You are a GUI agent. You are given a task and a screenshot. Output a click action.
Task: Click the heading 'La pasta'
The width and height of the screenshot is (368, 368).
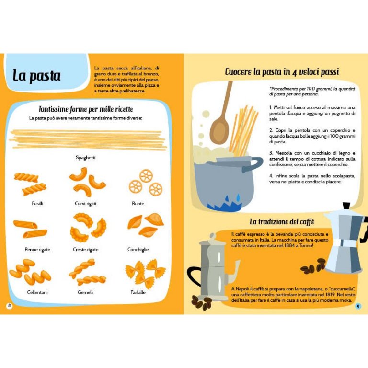point(36,76)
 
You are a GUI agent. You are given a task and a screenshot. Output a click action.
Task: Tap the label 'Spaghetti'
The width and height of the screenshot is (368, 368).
point(85,158)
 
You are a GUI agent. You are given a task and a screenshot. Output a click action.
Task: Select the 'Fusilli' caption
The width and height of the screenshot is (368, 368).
point(37,203)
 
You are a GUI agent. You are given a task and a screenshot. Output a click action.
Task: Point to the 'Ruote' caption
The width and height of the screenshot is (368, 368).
point(138,203)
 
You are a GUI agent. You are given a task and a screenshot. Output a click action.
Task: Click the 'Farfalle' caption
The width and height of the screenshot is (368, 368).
point(138,292)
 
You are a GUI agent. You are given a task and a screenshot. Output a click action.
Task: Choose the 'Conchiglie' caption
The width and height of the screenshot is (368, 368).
point(138,250)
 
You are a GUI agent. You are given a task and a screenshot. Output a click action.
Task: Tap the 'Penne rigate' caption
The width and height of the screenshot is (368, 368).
point(37,250)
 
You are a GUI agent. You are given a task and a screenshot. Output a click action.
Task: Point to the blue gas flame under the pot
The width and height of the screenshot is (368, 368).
point(225,204)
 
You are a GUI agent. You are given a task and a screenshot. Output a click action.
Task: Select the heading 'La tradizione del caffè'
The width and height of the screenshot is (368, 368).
point(282,221)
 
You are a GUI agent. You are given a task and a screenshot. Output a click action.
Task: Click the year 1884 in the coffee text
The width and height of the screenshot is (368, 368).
point(289,245)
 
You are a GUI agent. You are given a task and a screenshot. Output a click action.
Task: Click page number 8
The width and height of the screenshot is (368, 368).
point(9,306)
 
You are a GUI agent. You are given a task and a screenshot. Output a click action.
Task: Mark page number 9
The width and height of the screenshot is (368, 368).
point(358,306)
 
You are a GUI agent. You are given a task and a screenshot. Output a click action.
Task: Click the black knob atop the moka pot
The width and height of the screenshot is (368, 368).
point(346,206)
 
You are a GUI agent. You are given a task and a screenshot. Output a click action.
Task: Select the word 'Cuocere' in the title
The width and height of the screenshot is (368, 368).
point(238,71)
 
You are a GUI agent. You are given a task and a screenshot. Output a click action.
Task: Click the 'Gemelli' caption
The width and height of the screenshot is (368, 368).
point(85,292)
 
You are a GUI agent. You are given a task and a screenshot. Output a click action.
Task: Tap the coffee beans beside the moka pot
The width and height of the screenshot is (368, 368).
point(313,266)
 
